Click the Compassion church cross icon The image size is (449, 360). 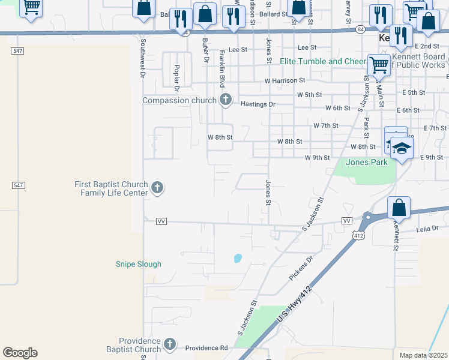coord(226,100)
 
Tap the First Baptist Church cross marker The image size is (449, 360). coord(157,188)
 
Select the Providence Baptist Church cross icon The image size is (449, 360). coord(170,344)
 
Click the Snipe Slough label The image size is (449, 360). coord(138,264)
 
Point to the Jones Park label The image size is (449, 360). coord(367,162)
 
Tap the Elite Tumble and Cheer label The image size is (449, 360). coord(323,61)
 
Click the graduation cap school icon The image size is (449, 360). coord(402,148)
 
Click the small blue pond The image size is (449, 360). coord(238,259)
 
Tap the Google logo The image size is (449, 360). coord(20,353)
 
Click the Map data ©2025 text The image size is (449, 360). coord(423,355)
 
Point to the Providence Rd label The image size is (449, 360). coord(206,348)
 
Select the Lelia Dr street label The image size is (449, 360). coord(427,229)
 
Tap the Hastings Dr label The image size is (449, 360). coord(258,104)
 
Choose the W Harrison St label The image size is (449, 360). coord(285,80)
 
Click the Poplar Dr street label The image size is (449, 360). coord(177,77)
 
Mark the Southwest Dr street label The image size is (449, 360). coord(143,59)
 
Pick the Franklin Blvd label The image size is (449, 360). coord(222,69)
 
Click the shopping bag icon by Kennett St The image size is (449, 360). coord(399,208)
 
